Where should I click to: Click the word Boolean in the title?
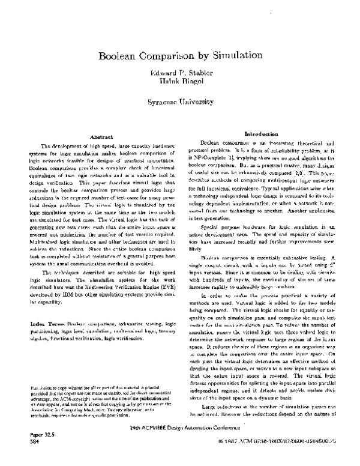118,58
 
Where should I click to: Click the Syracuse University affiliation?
179,102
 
